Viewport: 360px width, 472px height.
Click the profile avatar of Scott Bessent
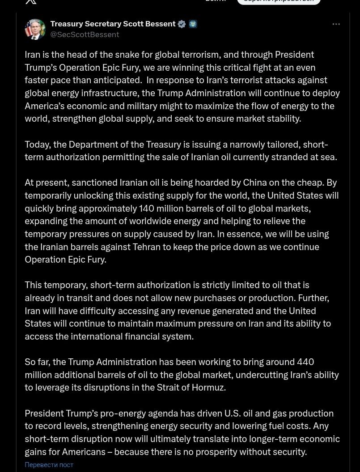coord(35,30)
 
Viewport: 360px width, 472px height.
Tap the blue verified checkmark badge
coord(182,24)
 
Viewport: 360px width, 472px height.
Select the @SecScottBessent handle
coord(85,34)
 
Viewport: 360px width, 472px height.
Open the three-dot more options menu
coord(336,24)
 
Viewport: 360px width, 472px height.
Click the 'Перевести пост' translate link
coord(49,465)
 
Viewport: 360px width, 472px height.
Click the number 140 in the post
coord(147,208)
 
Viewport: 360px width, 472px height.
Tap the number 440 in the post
coord(305,362)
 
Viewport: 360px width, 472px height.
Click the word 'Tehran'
coord(147,247)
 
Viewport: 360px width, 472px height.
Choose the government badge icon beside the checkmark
coord(193,24)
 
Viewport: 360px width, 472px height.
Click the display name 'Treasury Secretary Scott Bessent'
coord(113,24)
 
